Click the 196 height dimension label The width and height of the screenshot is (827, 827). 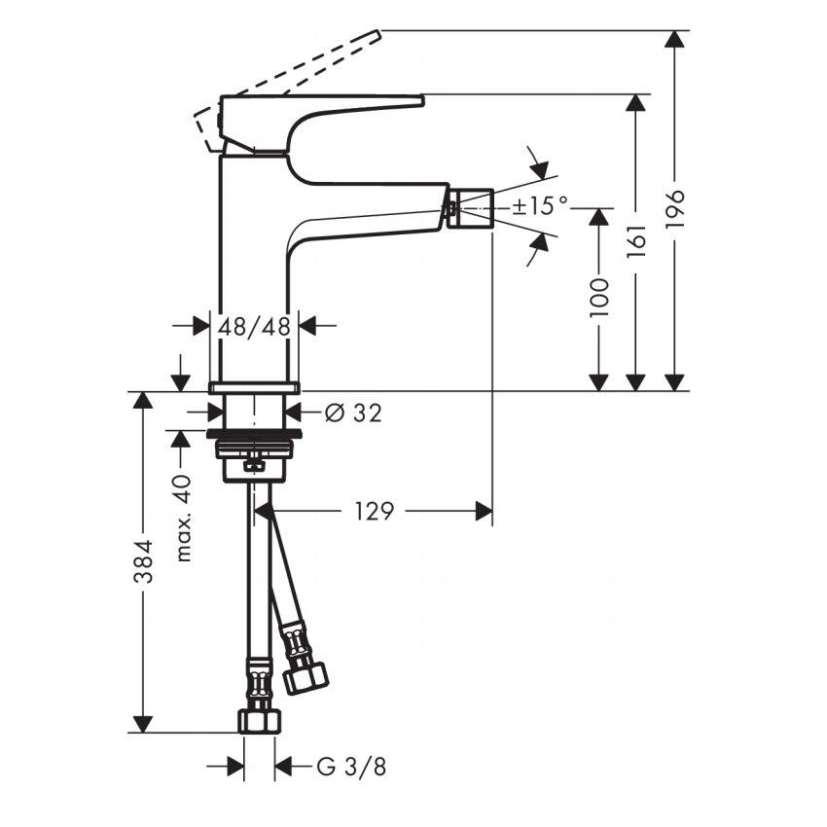tap(675, 209)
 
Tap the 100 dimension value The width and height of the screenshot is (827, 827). tap(598, 297)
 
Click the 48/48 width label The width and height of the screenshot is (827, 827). tap(254, 327)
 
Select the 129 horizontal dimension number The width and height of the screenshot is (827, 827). tap(374, 511)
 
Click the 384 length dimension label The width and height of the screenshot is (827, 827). tap(143, 562)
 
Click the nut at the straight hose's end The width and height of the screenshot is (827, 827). tap(259, 720)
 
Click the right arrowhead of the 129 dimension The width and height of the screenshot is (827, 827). tap(483, 511)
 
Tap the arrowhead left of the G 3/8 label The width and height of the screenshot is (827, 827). tap(235, 768)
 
